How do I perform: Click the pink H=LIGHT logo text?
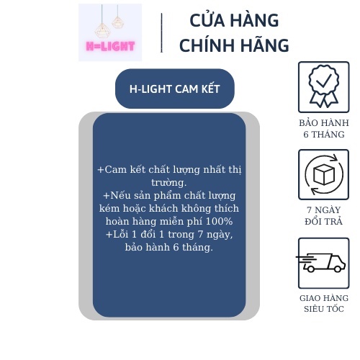click(110, 46)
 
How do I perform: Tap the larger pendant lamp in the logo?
click(102, 30)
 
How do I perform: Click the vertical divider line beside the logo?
click(161, 32)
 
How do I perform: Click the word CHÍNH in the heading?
click(207, 45)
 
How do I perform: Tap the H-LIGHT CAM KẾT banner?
click(175, 89)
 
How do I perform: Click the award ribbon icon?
click(324, 86)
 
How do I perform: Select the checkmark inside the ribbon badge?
click(324, 81)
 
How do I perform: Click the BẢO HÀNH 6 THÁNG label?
click(324, 129)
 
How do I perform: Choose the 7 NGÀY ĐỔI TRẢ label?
click(324, 215)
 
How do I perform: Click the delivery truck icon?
click(321, 263)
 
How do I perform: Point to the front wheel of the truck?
click(338, 269)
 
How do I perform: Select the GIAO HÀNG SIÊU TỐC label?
click(324, 303)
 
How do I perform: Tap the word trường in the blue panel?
click(169, 183)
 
